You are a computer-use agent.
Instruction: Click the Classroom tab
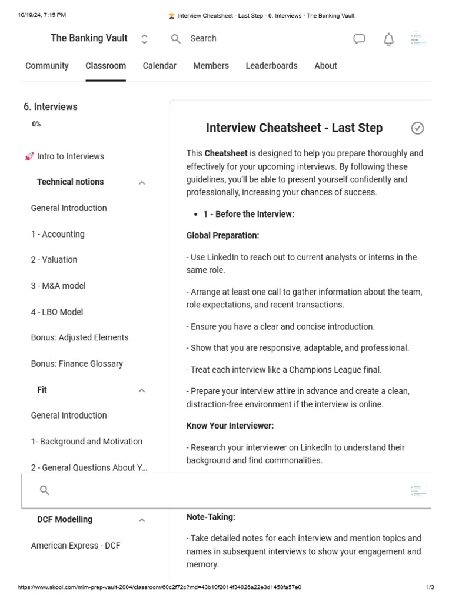(105, 66)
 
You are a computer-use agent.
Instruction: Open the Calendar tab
(159, 66)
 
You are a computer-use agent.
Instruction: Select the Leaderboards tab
(271, 66)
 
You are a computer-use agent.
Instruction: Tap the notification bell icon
(388, 39)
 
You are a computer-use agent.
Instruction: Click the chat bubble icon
(359, 39)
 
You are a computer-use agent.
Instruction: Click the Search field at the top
(203, 38)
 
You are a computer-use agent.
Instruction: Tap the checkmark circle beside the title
(417, 128)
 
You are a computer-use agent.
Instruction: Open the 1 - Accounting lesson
(58, 234)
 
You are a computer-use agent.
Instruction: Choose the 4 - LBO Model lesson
(57, 312)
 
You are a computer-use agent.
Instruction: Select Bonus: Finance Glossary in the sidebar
(77, 363)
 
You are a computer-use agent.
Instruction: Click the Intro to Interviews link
(70, 156)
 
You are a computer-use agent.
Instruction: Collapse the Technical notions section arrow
(142, 183)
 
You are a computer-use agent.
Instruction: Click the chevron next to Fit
(142, 390)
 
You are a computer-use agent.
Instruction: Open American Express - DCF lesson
(75, 546)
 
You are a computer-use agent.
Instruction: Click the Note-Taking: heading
(211, 517)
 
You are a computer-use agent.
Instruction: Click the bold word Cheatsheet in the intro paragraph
(226, 153)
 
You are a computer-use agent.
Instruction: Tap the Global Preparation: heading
(222, 235)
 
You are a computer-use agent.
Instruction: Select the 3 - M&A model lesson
(58, 286)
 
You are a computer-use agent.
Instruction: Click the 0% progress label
(36, 124)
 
